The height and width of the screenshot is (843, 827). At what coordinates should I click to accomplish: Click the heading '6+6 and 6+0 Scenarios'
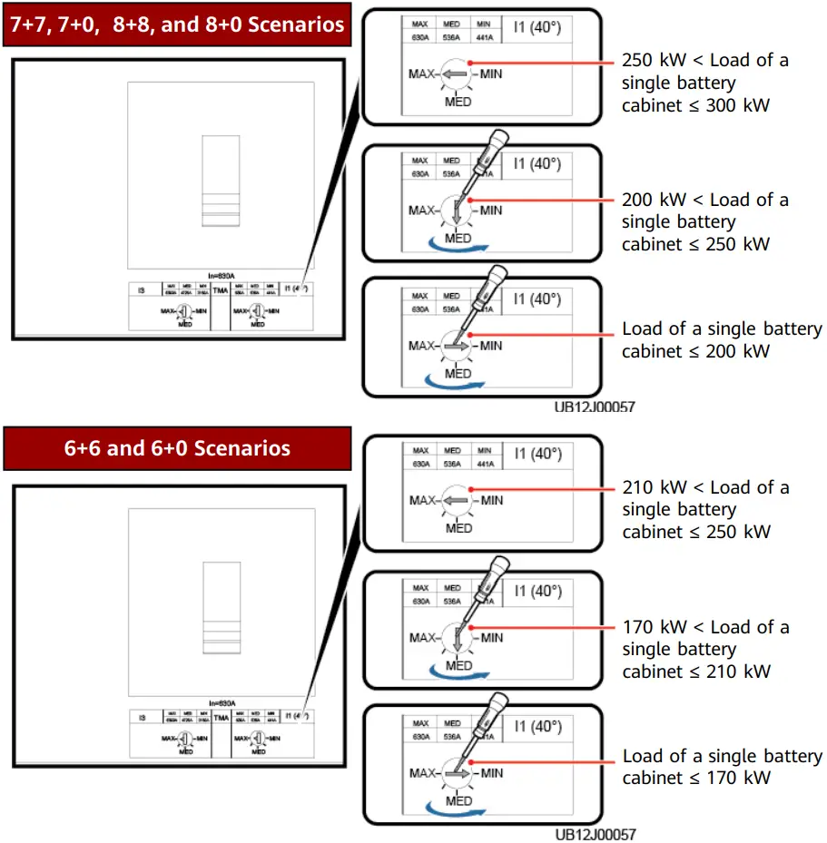click(x=177, y=448)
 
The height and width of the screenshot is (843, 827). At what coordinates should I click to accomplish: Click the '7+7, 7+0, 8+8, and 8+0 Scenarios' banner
click(x=177, y=24)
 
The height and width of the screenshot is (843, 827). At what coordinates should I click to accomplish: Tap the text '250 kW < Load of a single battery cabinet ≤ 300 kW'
click(x=704, y=83)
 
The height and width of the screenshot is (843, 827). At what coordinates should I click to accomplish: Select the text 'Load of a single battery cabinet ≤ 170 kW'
click(x=722, y=767)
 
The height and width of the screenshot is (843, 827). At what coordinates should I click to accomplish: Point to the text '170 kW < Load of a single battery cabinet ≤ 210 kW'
click(x=704, y=649)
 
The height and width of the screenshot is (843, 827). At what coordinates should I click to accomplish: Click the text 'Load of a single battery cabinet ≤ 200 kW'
click(x=722, y=339)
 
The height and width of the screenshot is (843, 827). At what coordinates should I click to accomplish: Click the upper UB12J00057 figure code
click(x=595, y=407)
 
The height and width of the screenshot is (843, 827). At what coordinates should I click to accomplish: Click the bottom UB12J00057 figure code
click(x=595, y=834)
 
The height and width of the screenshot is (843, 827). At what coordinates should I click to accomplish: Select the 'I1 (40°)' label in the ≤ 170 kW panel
click(x=537, y=726)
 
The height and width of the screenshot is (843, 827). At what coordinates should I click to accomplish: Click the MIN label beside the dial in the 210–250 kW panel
click(x=491, y=500)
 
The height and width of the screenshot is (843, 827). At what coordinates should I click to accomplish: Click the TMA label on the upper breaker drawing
click(x=221, y=291)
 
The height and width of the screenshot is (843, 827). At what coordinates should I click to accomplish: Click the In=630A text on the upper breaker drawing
click(x=221, y=274)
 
